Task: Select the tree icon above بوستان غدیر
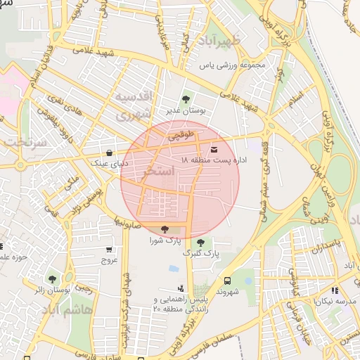coord(186,99)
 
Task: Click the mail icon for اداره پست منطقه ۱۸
coord(214,149)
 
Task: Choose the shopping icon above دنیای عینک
coord(109,153)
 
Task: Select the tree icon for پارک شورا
coord(165,229)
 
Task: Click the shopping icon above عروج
coord(109,249)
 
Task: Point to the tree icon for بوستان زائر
coord(53,278)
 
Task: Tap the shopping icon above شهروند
coord(229,279)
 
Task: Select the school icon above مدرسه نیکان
coord(335,290)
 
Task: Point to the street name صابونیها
coord(129,224)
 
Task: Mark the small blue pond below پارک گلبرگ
coord(174,269)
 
